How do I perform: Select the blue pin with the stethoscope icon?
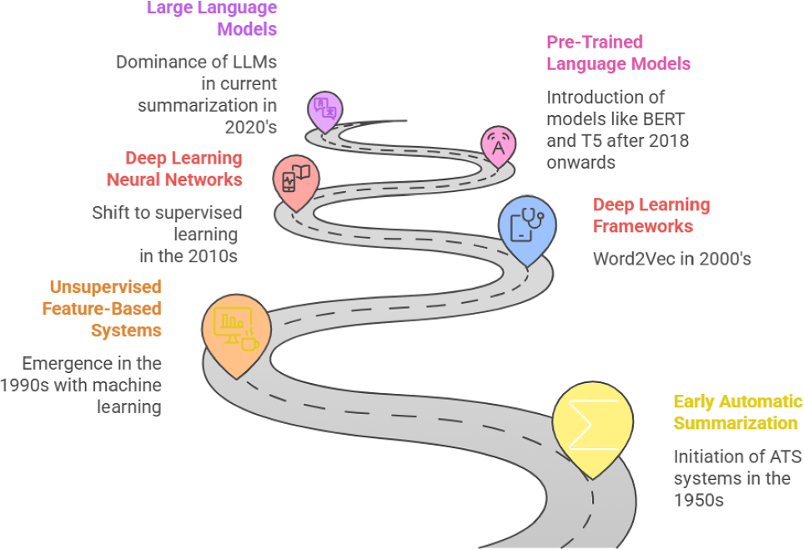pyautogui.click(x=525, y=226)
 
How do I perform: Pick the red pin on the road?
pyautogui.click(x=296, y=179)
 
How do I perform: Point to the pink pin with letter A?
pyautogui.click(x=498, y=145)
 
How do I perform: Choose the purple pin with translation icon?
pyautogui.click(x=324, y=110)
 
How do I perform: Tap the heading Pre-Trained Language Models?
pyautogui.click(x=618, y=53)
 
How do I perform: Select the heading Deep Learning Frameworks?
pyautogui.click(x=651, y=215)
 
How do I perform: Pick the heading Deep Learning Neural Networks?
pyautogui.click(x=174, y=169)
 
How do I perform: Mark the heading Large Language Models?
pyautogui.click(x=212, y=18)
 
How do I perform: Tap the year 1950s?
pyautogui.click(x=698, y=501)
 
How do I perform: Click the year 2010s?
pyautogui.click(x=209, y=255)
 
